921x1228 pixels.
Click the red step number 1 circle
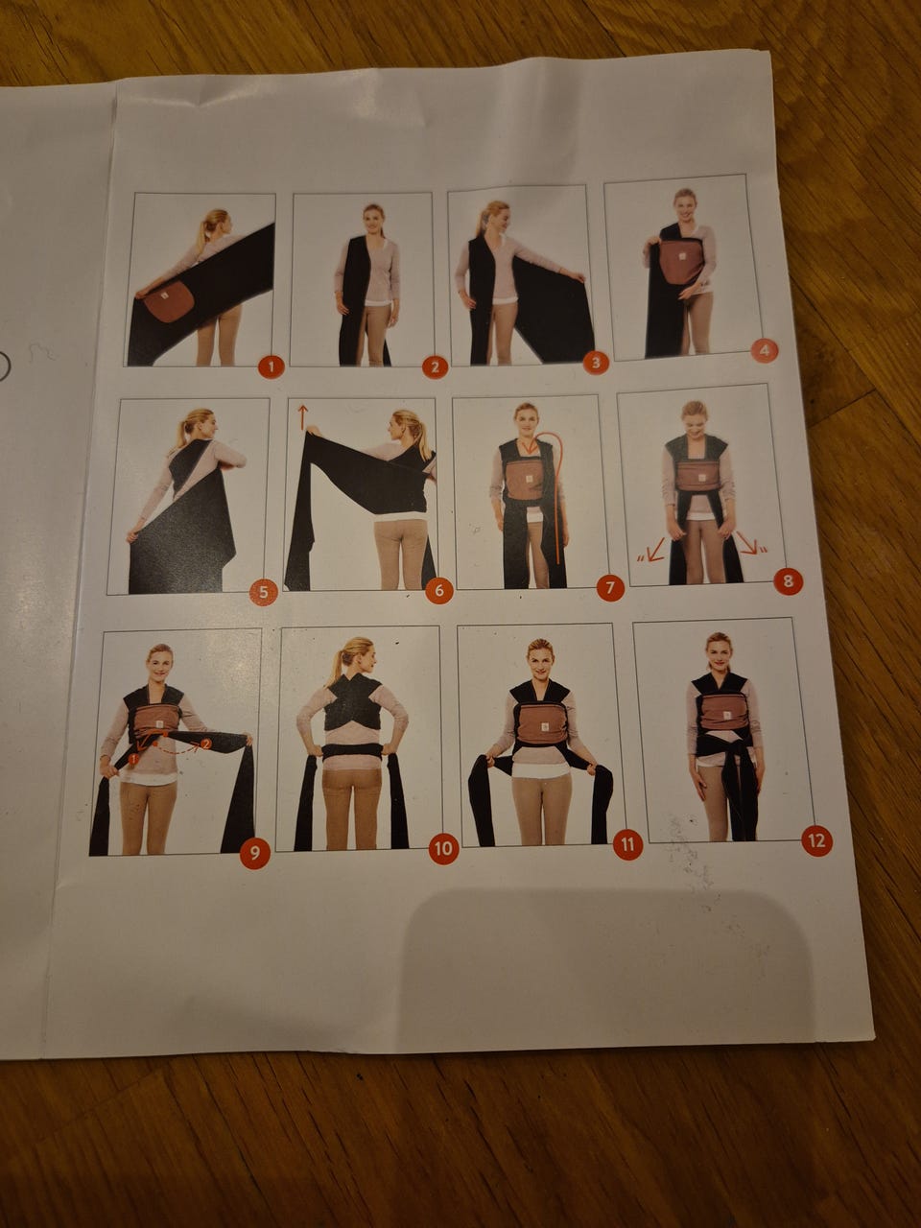272,367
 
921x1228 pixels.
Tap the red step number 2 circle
435,367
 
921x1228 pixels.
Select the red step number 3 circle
596,363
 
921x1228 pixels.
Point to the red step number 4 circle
765,351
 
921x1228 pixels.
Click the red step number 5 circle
264,592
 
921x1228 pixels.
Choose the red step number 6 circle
439,591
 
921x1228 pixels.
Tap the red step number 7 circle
610,587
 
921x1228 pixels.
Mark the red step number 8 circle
788,580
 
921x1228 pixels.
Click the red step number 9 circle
254,853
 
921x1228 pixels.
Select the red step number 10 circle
443,849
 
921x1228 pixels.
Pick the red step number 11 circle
627,843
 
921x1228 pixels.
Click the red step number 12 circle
816,840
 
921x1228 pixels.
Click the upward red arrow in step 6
302,416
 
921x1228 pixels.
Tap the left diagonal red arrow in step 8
653,550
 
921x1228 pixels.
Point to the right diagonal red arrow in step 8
747,542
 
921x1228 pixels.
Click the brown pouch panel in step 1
170,300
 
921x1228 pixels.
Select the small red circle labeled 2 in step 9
205,744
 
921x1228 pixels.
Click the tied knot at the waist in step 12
733,747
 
